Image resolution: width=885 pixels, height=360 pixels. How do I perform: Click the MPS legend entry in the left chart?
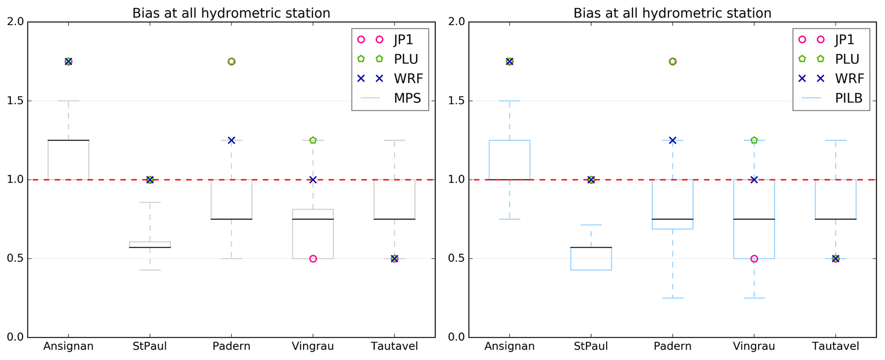[407, 98]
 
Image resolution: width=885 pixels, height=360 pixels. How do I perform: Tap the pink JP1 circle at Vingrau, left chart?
[313, 259]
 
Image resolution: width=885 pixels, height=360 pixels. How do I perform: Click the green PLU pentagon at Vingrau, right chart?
[754, 140]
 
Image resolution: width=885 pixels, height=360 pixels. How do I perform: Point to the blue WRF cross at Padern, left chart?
[231, 140]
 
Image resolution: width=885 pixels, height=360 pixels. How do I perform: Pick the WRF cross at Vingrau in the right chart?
[754, 180]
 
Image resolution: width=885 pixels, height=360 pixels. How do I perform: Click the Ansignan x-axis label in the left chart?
[69, 346]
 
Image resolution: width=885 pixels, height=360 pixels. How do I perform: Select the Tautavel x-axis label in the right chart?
[835, 346]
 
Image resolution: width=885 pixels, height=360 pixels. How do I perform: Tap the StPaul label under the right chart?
[591, 346]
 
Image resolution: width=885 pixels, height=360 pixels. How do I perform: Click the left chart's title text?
[231, 13]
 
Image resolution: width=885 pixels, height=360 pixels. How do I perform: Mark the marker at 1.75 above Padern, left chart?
[231, 62]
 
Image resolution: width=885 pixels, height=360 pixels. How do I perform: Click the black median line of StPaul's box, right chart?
[591, 247]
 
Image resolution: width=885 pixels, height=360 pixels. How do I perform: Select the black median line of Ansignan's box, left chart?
[69, 140]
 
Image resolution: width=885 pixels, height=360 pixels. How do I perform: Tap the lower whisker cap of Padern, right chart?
[672, 298]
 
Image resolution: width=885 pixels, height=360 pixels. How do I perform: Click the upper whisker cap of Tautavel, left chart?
[394, 140]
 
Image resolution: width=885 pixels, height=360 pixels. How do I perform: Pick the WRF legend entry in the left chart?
[408, 79]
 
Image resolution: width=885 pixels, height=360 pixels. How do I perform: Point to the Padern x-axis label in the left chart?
[231, 346]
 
